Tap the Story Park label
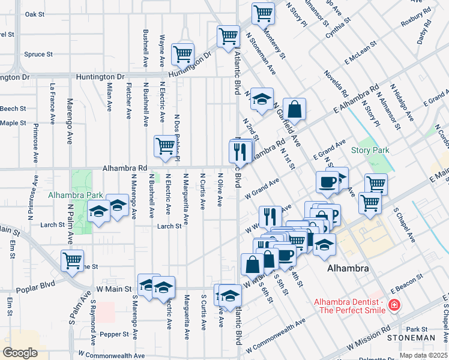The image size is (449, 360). coord(370,150)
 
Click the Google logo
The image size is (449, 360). coord(20,352)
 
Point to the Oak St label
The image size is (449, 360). coord(35,14)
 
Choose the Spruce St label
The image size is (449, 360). coord(38,54)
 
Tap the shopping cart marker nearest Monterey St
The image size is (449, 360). coord(263,13)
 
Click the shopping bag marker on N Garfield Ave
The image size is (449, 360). coord(294,109)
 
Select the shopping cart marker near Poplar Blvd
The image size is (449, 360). coord(72,261)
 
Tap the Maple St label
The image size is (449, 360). coord(13,123)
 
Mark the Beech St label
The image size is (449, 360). coord(13,109)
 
